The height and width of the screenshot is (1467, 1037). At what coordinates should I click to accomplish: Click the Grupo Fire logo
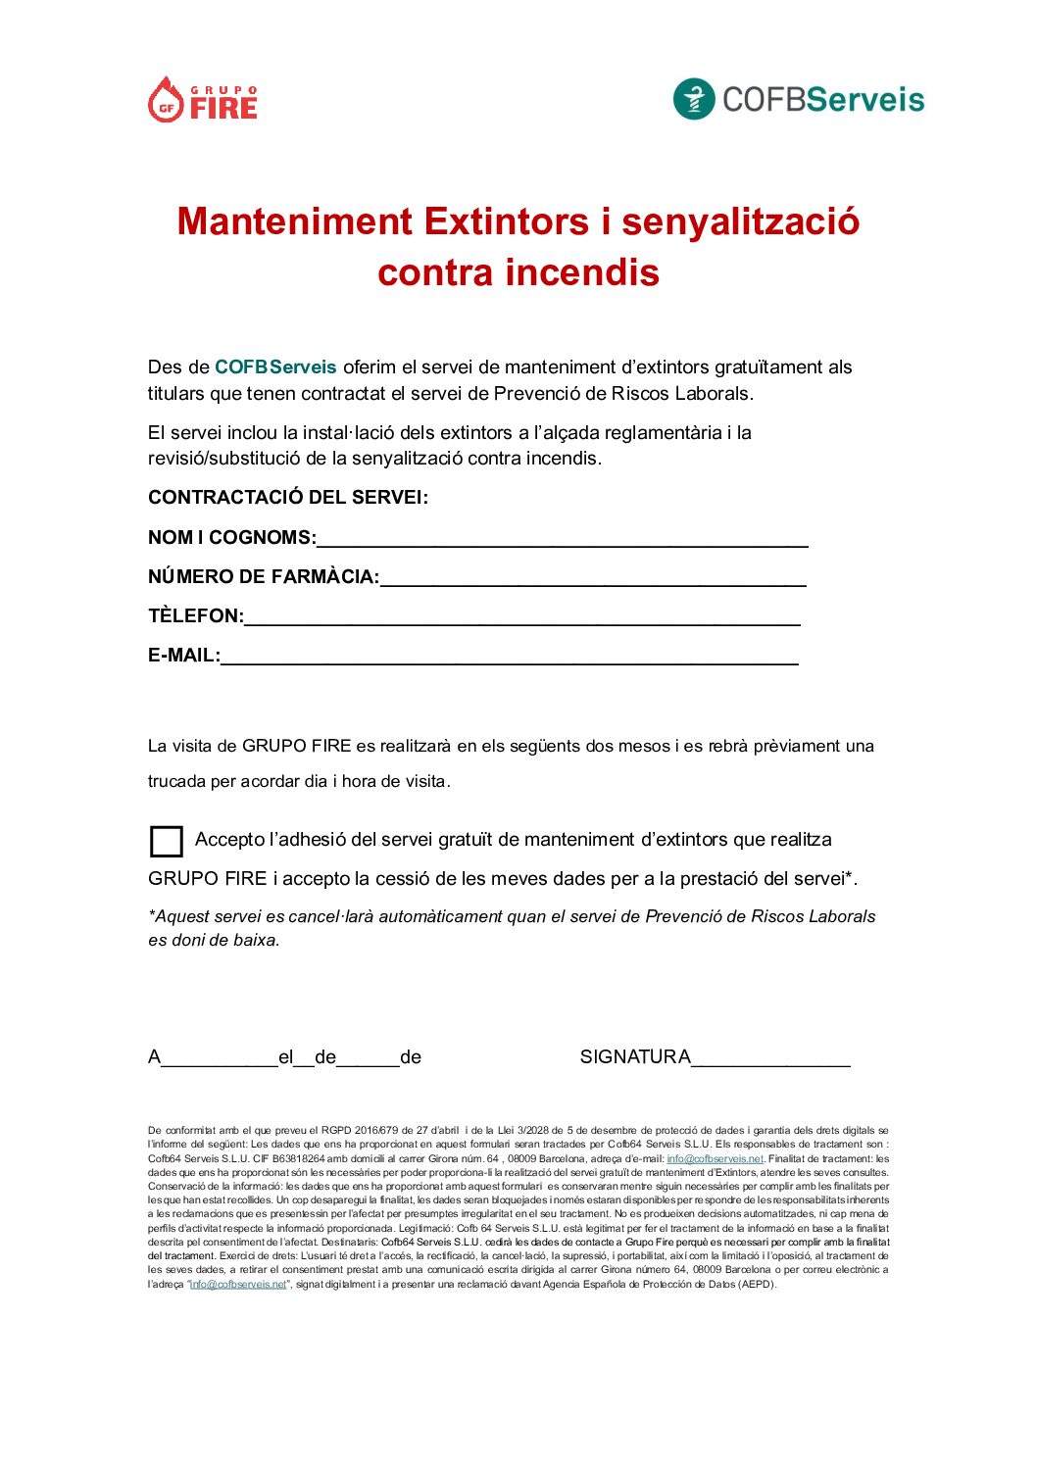point(203,100)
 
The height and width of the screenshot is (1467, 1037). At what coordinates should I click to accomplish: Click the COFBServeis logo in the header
point(798,99)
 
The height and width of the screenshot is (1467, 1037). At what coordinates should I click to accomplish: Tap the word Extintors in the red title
point(507,221)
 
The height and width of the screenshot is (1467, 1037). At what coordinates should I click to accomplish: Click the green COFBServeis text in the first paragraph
point(275,367)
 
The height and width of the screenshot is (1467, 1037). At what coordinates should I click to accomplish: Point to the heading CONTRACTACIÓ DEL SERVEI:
point(288,498)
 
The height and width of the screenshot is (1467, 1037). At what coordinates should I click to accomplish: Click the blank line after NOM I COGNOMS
point(562,540)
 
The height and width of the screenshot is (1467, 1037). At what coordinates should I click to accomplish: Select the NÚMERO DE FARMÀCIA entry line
point(592,579)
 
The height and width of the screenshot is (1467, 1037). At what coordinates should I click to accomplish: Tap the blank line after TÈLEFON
point(521,618)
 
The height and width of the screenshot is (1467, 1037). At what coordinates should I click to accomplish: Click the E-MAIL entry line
point(509,658)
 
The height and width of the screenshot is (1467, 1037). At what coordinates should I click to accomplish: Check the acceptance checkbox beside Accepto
point(167,842)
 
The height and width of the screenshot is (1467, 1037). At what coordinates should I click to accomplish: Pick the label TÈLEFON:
point(196,616)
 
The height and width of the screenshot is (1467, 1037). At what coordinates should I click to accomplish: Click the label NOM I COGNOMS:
point(232,538)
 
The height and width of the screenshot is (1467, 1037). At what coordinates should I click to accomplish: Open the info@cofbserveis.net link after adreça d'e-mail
point(715,1158)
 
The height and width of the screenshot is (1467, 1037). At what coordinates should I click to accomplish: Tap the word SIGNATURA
point(635,1057)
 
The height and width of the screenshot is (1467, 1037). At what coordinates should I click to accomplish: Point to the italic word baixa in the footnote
point(255,941)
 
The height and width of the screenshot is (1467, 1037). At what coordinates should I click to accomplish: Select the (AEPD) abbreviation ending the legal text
point(758,1284)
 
